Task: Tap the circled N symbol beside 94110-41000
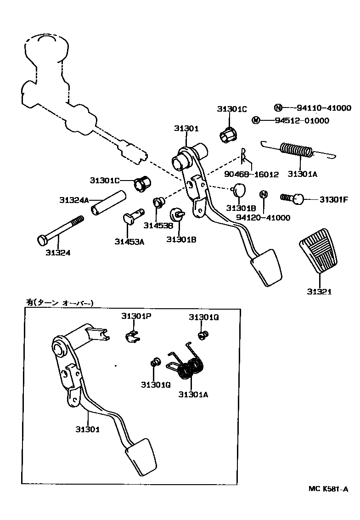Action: pos(278,108)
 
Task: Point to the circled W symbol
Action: pos(256,120)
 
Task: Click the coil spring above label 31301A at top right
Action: pos(297,150)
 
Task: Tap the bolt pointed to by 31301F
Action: pos(293,198)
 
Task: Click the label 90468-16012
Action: pos(251,175)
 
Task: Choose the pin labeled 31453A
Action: pos(133,216)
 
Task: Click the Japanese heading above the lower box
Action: pos(59,302)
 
